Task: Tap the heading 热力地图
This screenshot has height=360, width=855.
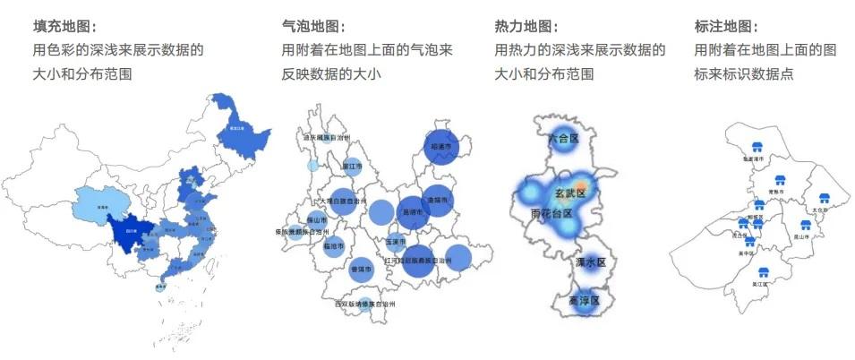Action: pos(526,28)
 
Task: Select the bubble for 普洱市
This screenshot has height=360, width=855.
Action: pos(361,269)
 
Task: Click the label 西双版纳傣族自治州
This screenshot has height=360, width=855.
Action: pos(364,304)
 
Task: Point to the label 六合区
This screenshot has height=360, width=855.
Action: pos(562,139)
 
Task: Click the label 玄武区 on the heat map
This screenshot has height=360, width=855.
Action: pos(569,193)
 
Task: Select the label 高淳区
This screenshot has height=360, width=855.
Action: pos(587,300)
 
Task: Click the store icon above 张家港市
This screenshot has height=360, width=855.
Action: pos(757,148)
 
